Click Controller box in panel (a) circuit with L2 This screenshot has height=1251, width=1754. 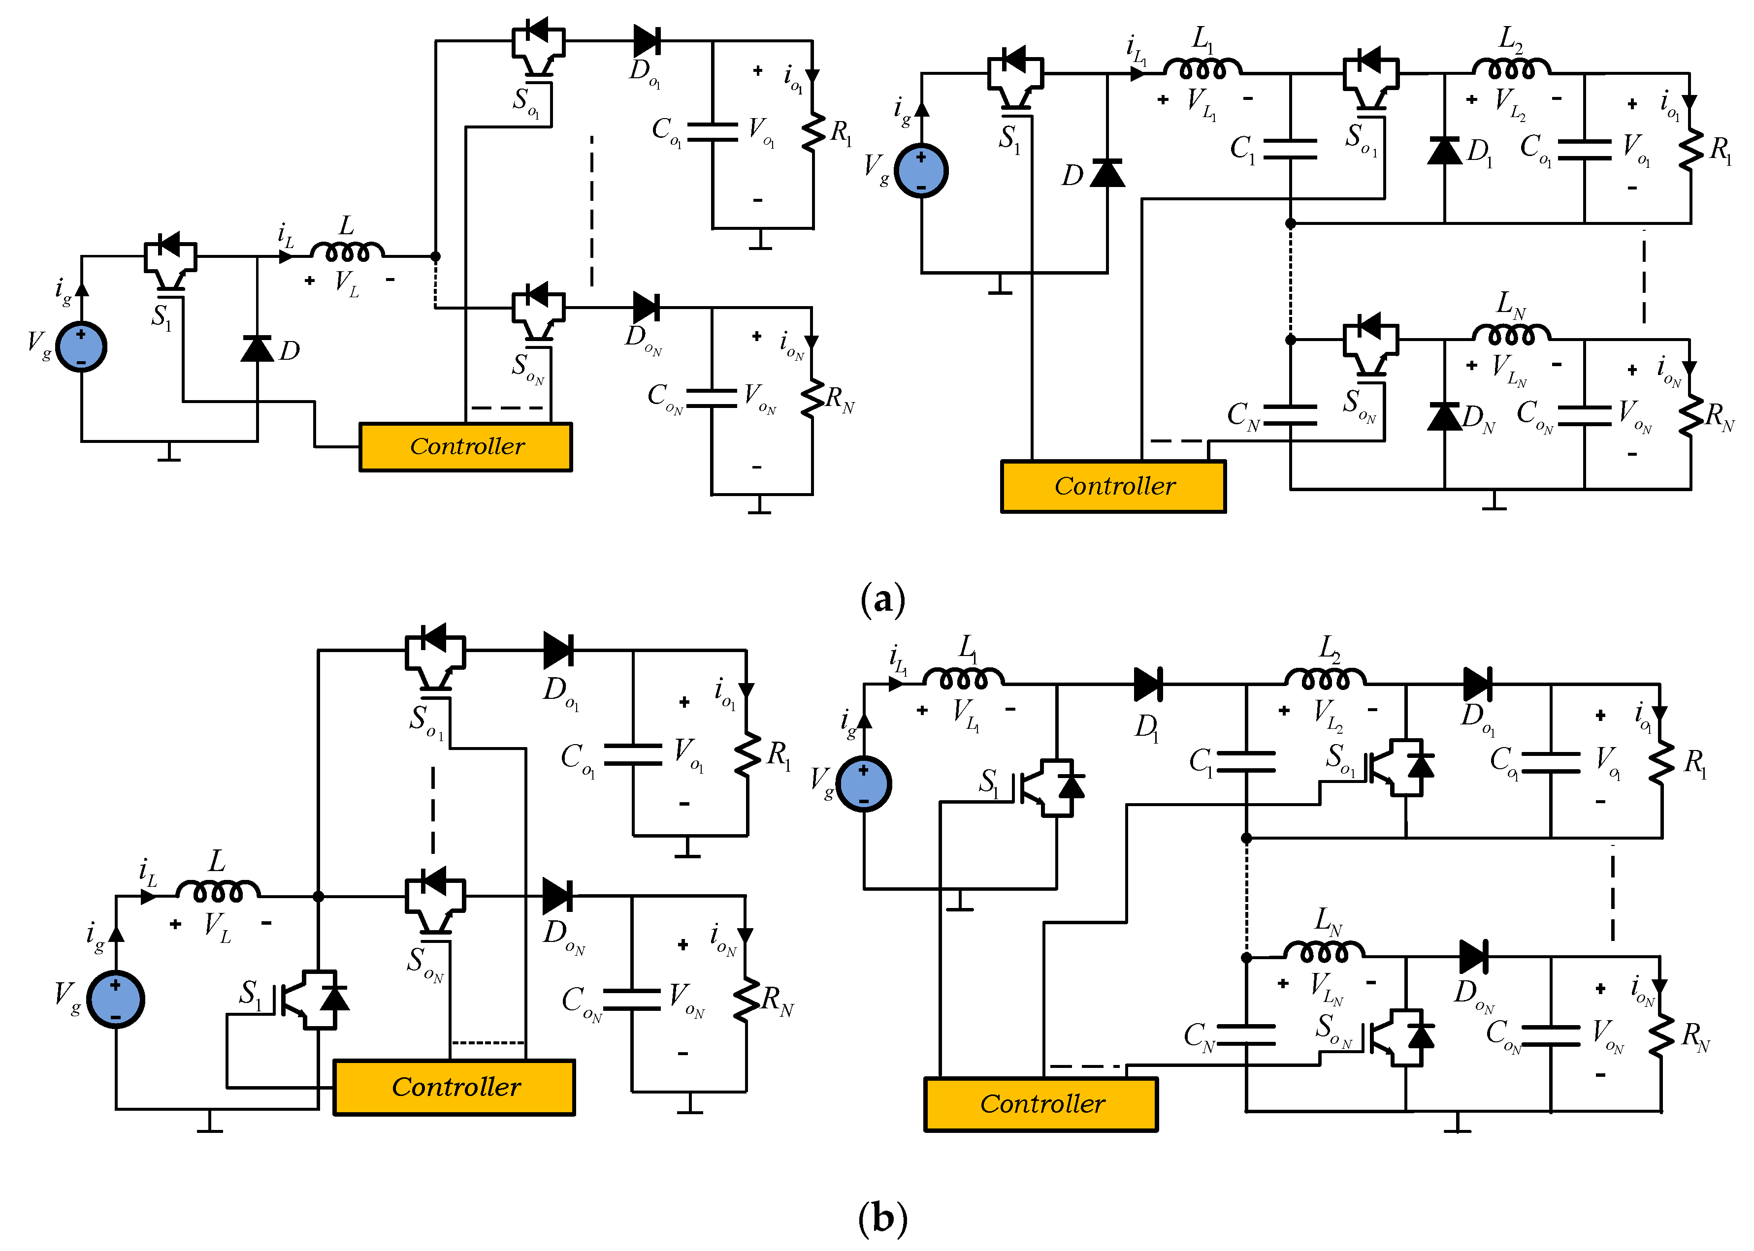(x=1113, y=486)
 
